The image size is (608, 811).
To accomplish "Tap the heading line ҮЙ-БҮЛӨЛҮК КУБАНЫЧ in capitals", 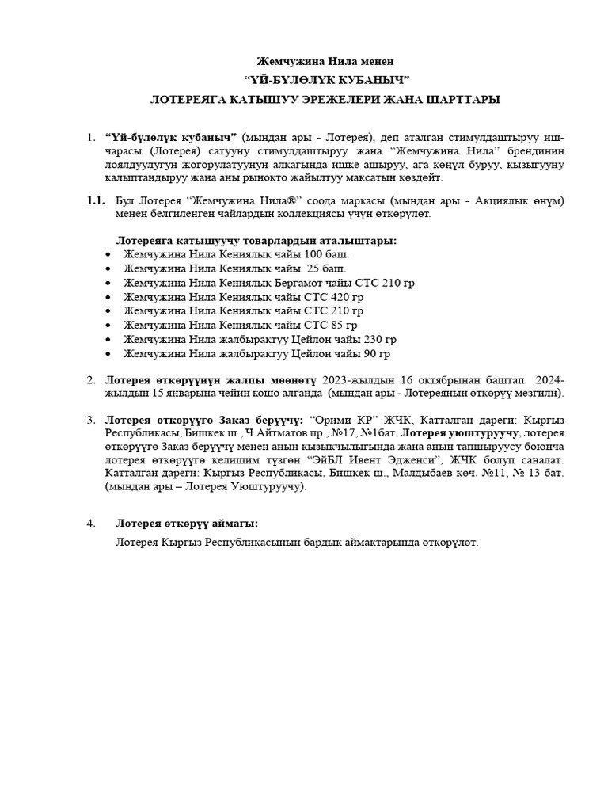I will (326, 80).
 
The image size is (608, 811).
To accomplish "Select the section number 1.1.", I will (95, 201).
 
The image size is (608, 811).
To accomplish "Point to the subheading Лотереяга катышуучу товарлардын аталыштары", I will (256, 240).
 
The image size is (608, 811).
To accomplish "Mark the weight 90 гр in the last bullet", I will (370, 354).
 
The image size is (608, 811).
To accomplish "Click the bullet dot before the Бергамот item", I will (108, 283).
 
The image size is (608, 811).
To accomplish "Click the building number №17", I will (341, 433).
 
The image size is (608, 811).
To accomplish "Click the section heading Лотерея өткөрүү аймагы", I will (187, 524).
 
